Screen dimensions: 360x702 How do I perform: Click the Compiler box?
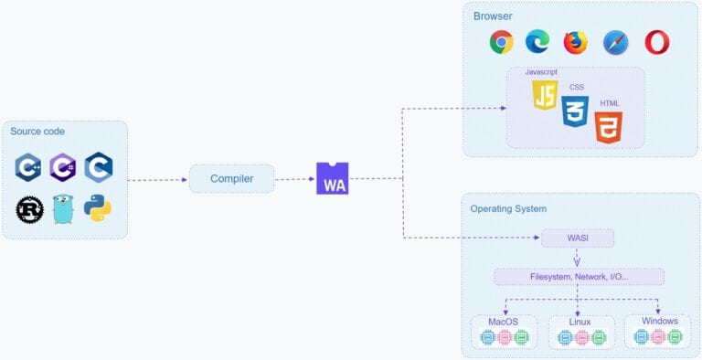coord(231,178)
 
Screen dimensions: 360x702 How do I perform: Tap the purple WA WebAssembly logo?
coord(332,178)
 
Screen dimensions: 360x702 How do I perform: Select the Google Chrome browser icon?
coord(501,42)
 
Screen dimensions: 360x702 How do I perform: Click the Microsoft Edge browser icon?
coord(537,42)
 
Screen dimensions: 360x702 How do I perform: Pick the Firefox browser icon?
coord(575,42)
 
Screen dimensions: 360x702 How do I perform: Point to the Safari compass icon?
coord(615,42)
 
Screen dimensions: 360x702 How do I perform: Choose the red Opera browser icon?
coord(656,42)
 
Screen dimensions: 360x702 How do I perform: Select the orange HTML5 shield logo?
coord(609,127)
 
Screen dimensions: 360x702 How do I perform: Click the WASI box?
coord(577,238)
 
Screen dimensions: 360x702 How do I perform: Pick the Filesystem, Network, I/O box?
coord(579,276)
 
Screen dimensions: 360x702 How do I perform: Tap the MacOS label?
coord(504,322)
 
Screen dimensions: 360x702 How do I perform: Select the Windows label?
coord(658,322)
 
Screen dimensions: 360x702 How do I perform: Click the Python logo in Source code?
coord(98,208)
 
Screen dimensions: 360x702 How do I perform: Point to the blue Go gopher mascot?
coord(63,209)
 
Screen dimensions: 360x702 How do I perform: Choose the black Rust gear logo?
coord(29,209)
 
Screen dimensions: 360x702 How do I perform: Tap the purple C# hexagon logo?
coord(63,167)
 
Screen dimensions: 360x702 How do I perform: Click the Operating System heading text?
coord(508,208)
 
